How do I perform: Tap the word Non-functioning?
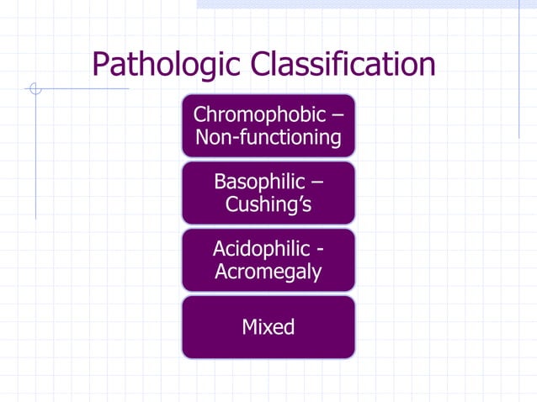[268, 137]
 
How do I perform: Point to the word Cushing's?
[268, 204]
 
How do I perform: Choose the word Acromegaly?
[268, 272]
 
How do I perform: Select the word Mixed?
[268, 327]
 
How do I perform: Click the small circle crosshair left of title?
[35, 87]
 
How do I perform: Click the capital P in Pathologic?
[101, 64]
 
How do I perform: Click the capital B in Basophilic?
[221, 181]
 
